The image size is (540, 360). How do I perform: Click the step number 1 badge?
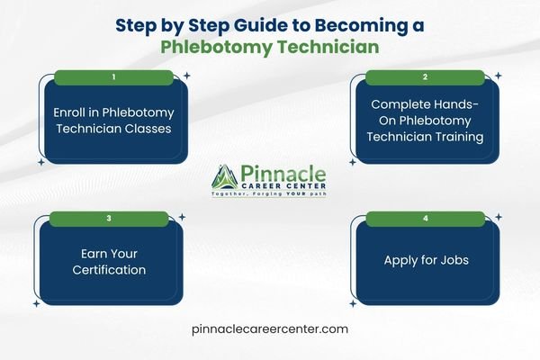tap(113, 77)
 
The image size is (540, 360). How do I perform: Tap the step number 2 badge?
tap(424, 77)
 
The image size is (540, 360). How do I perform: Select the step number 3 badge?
tap(109, 218)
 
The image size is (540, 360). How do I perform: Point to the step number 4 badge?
tap(424, 218)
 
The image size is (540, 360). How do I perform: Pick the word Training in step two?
tap(458, 138)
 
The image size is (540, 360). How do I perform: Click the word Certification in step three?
tap(109, 269)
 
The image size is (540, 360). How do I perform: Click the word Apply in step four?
tap(404, 260)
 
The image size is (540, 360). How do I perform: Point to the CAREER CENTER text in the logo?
tap(284, 186)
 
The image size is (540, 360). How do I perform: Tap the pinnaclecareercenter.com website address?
tap(270, 329)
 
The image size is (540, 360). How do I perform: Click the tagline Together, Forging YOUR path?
tap(268, 195)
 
